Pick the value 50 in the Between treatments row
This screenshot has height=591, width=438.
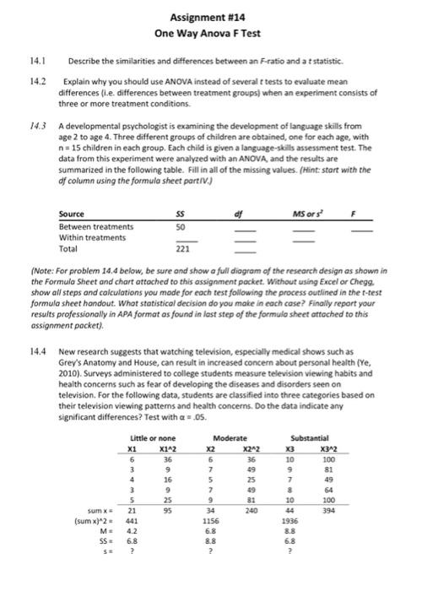pyautogui.click(x=180, y=226)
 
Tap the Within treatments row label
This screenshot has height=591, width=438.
pyautogui.click(x=92, y=238)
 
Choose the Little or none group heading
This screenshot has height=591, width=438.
pyautogui.click(x=154, y=436)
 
